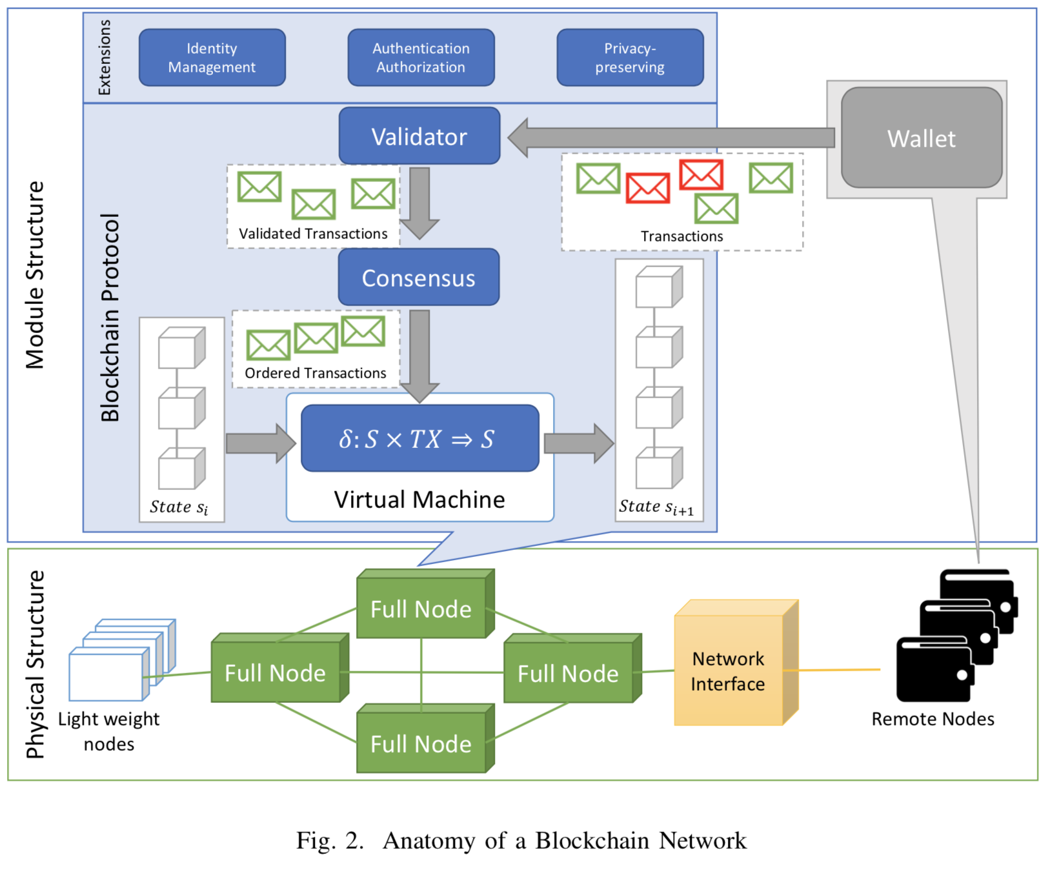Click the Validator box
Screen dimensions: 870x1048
tap(419, 136)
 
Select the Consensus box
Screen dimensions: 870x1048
tap(418, 278)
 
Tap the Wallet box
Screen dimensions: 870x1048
tap(921, 138)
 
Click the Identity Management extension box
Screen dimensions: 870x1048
tap(212, 57)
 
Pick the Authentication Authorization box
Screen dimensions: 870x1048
tap(421, 57)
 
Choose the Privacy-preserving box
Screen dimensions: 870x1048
tap(629, 57)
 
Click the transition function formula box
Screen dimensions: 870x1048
tap(419, 439)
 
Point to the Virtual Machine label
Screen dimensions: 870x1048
tap(419, 500)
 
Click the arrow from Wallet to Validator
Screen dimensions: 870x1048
tap(671, 137)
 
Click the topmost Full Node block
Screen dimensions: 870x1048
tap(421, 608)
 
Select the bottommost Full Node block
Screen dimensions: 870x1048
tap(421, 743)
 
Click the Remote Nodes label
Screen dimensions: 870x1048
tap(932, 718)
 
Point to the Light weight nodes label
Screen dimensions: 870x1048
tap(108, 731)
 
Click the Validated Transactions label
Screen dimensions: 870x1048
tap(313, 234)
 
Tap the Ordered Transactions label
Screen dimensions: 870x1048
tap(315, 373)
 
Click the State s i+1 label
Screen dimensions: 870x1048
tap(656, 507)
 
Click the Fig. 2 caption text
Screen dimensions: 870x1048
tap(521, 840)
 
